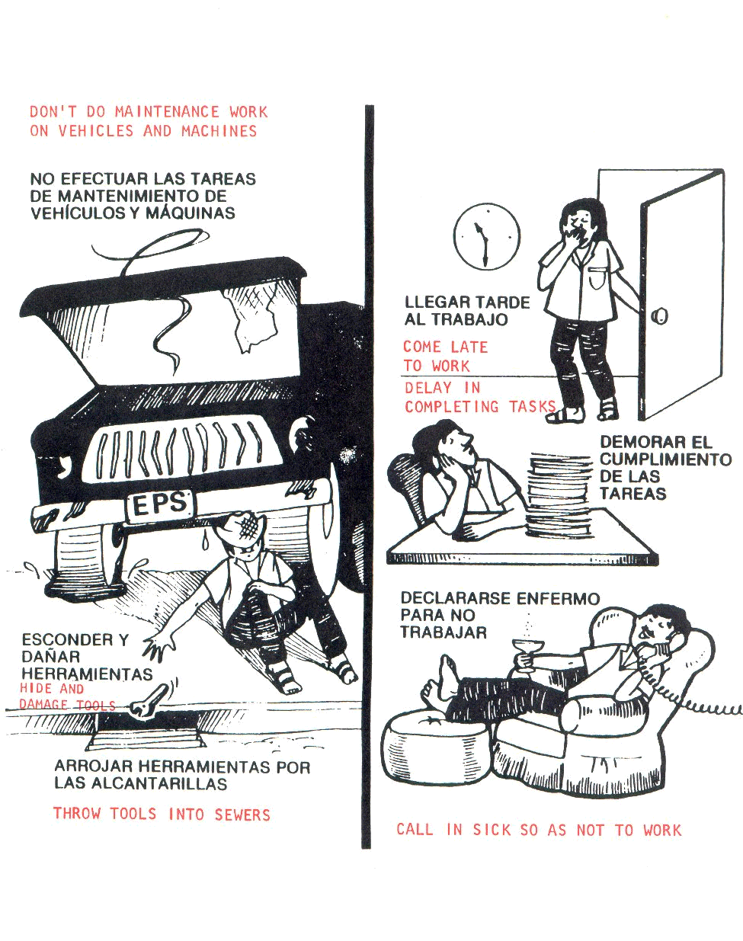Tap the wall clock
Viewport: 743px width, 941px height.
coord(487,236)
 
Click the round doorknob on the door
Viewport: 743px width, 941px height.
coord(659,315)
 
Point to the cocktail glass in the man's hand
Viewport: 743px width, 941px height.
coord(528,656)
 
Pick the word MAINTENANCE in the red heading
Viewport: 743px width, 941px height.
coord(167,112)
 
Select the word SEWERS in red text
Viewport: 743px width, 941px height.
coord(242,815)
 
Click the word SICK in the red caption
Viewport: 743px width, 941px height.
coord(492,830)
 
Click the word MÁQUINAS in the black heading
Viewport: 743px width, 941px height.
coord(191,213)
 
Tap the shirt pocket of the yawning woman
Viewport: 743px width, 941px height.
coord(597,279)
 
